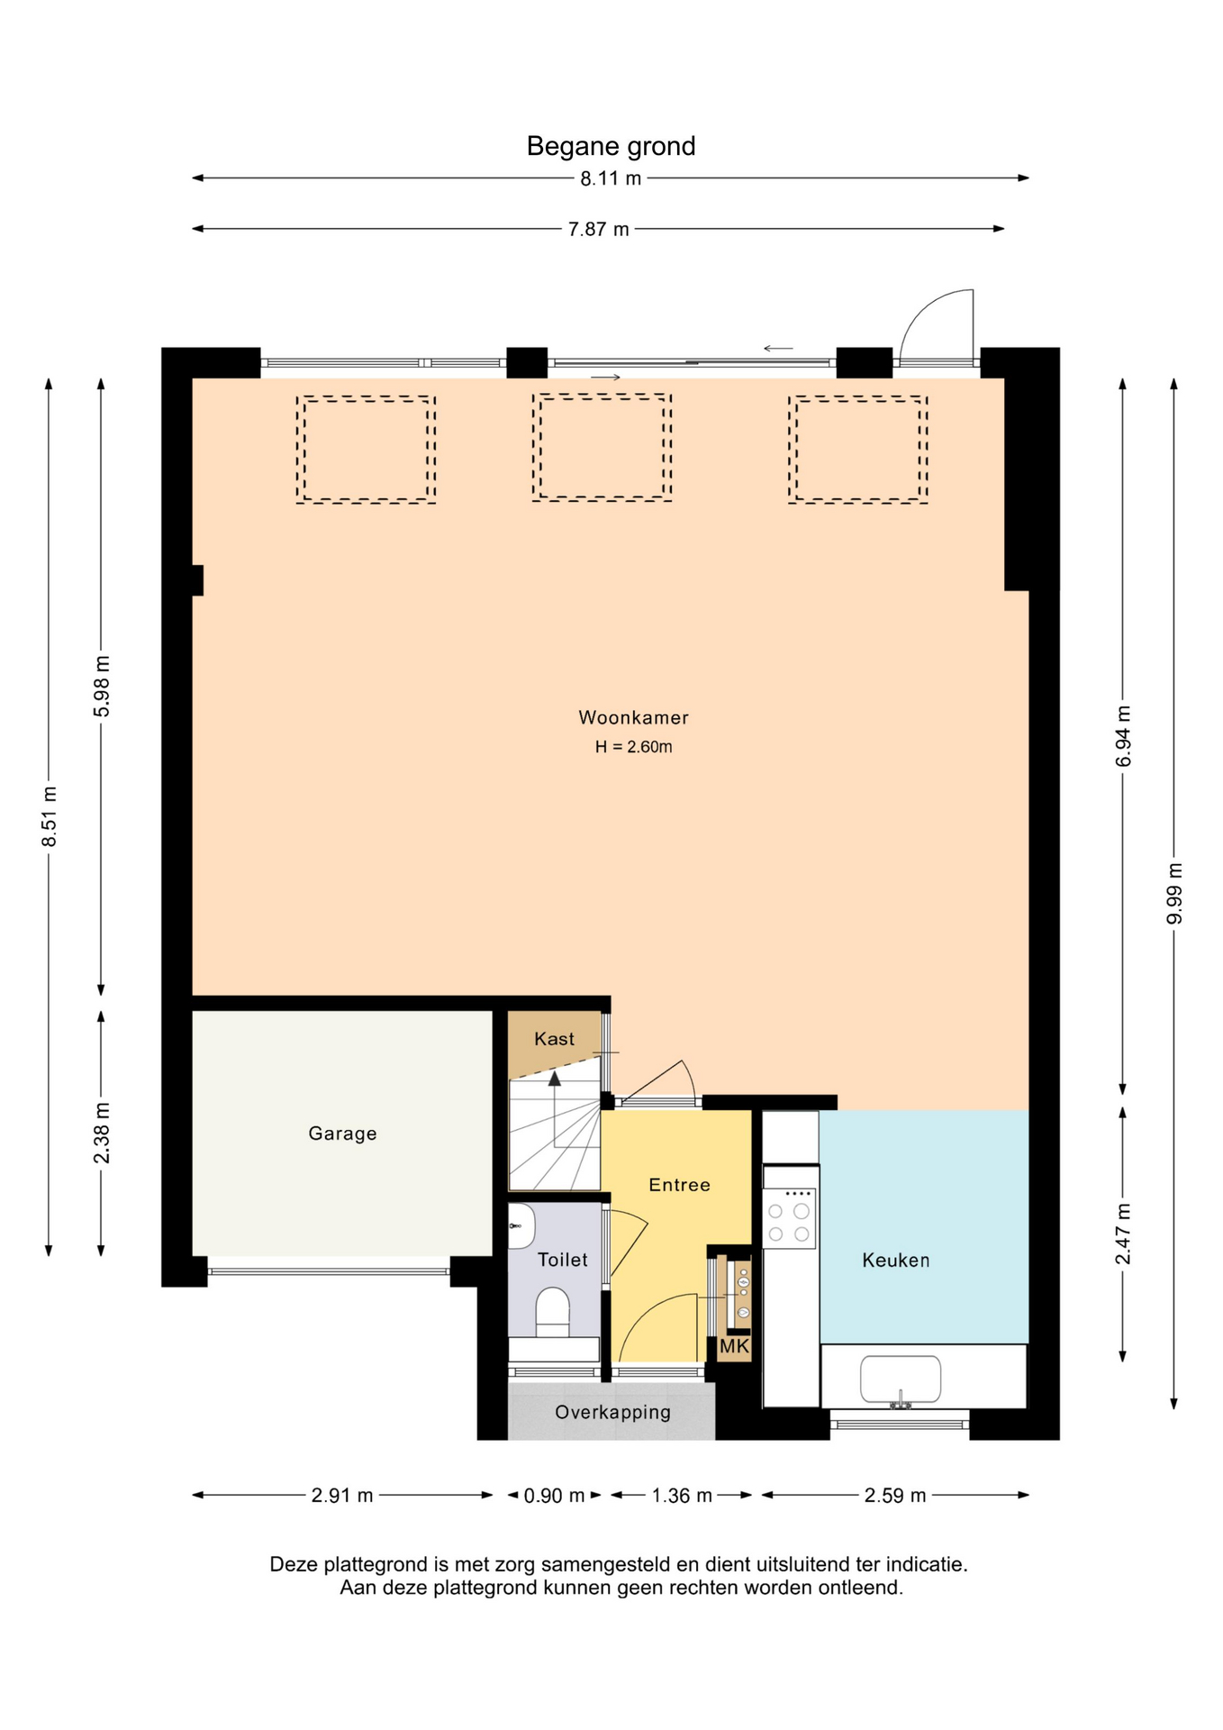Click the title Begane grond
point(611,146)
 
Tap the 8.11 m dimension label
point(611,178)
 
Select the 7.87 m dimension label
point(598,229)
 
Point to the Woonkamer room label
point(633,717)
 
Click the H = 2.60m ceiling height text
point(633,746)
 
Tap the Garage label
point(342,1134)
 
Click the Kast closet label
point(554,1039)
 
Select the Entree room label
point(679,1185)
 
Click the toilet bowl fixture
point(553,1312)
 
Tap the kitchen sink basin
point(901,1379)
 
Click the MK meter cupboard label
point(734,1346)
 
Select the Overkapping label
point(612,1412)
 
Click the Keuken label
point(895,1260)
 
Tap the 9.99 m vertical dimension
point(1174,893)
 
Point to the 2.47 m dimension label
point(1123,1234)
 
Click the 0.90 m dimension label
point(554,1496)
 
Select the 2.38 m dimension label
point(102,1133)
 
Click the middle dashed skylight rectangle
point(602,447)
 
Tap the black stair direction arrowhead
point(555,1079)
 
